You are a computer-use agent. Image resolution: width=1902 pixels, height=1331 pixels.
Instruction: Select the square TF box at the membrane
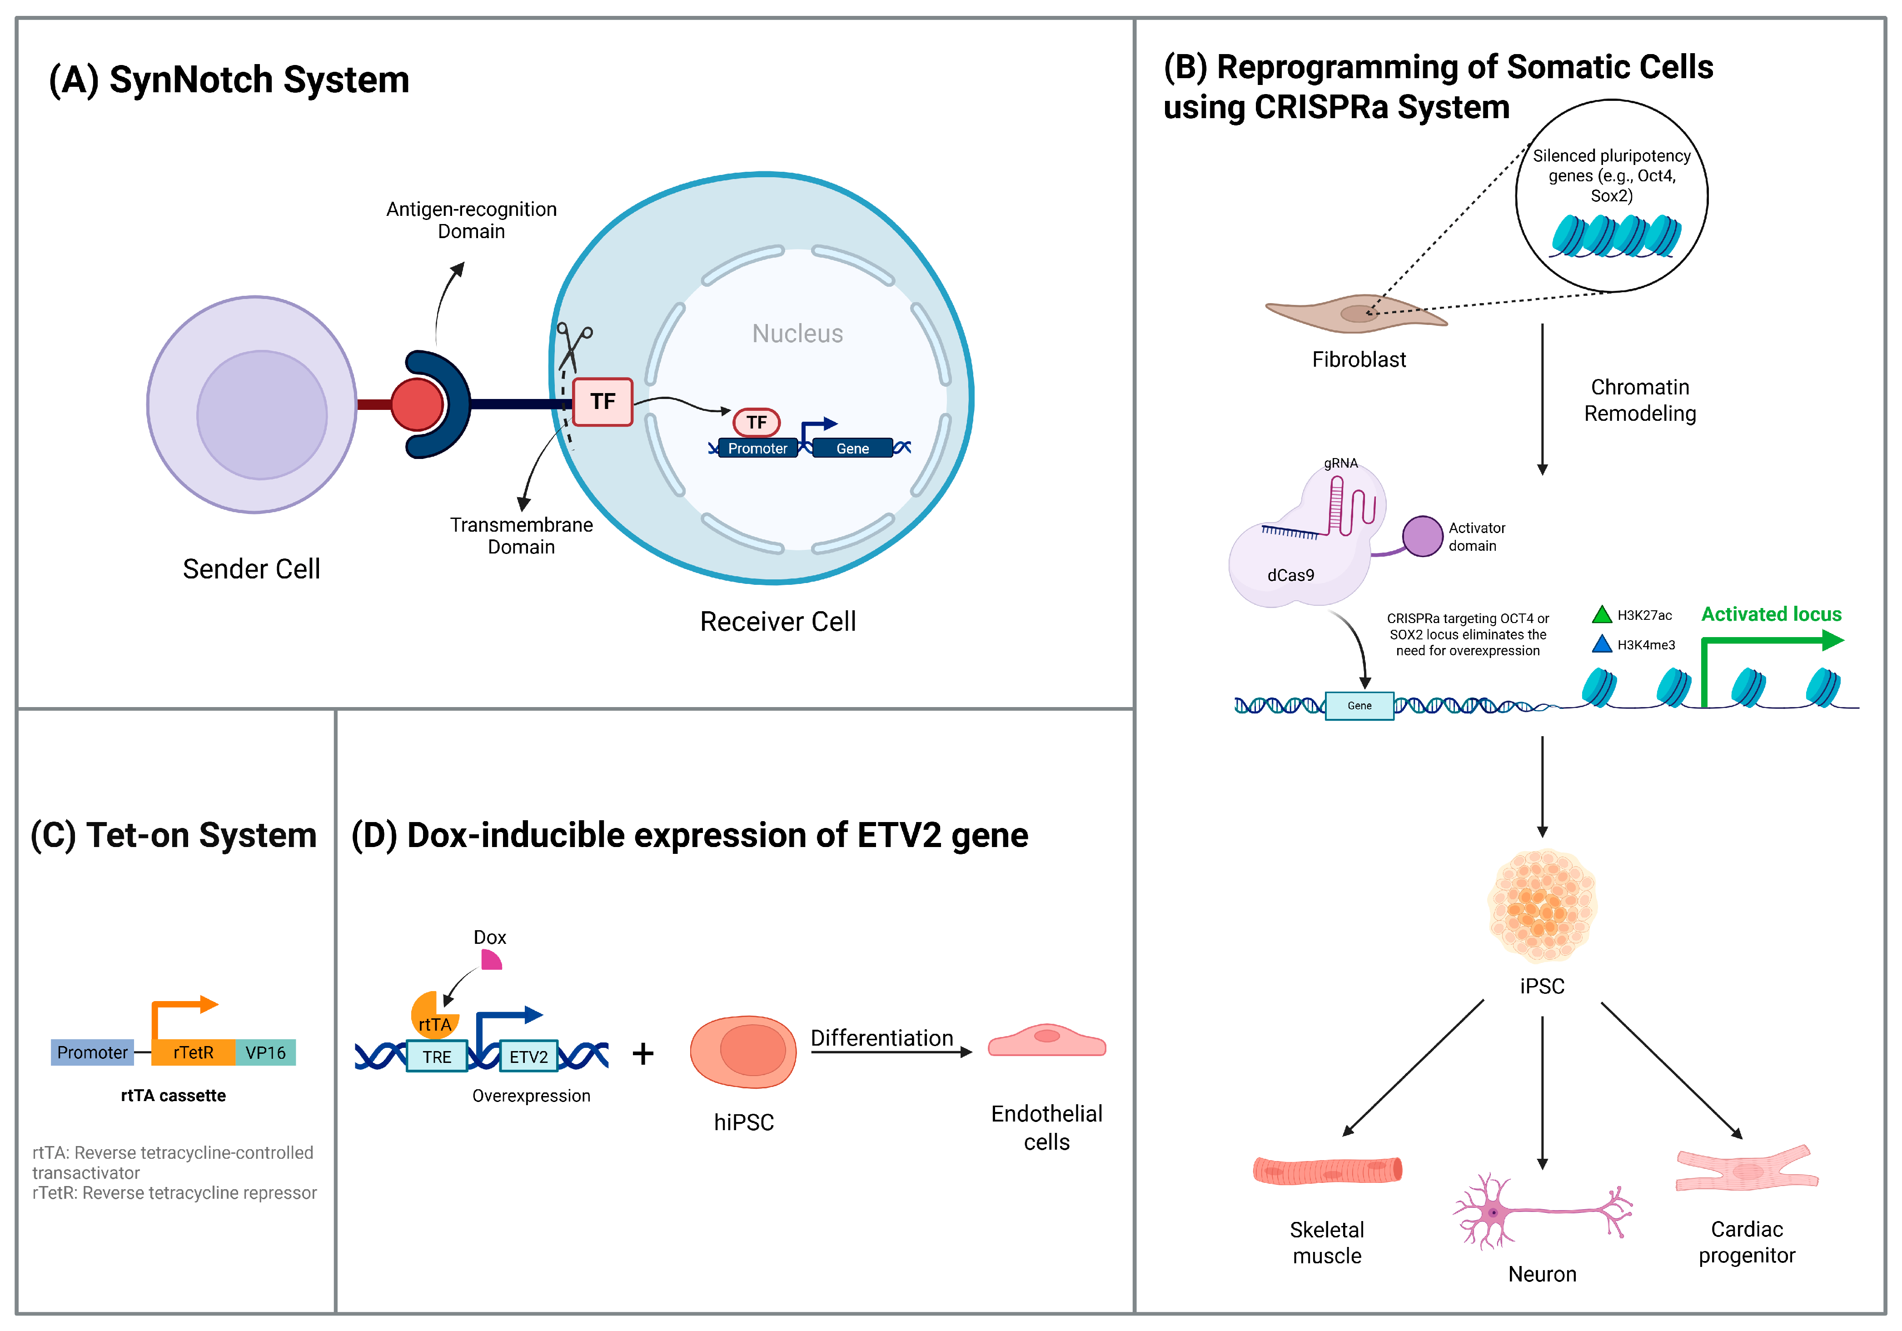(602, 402)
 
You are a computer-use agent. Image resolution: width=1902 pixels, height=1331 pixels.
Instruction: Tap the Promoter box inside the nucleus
(757, 448)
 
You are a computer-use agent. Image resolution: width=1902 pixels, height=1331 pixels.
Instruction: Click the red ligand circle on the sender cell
(417, 404)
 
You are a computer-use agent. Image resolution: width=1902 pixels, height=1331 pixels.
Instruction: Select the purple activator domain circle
(1422, 536)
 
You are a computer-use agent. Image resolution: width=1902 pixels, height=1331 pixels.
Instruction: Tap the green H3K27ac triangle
(1601, 614)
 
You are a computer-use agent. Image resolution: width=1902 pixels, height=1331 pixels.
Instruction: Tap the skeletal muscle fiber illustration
(1327, 1170)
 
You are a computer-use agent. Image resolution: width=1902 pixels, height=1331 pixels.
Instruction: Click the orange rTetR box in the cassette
(193, 1052)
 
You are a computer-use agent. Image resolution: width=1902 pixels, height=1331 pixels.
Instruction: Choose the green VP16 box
(265, 1052)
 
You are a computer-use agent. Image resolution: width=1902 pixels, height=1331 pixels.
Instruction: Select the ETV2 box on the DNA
(528, 1057)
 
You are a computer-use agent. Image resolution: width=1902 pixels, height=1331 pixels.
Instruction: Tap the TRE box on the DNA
(437, 1057)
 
